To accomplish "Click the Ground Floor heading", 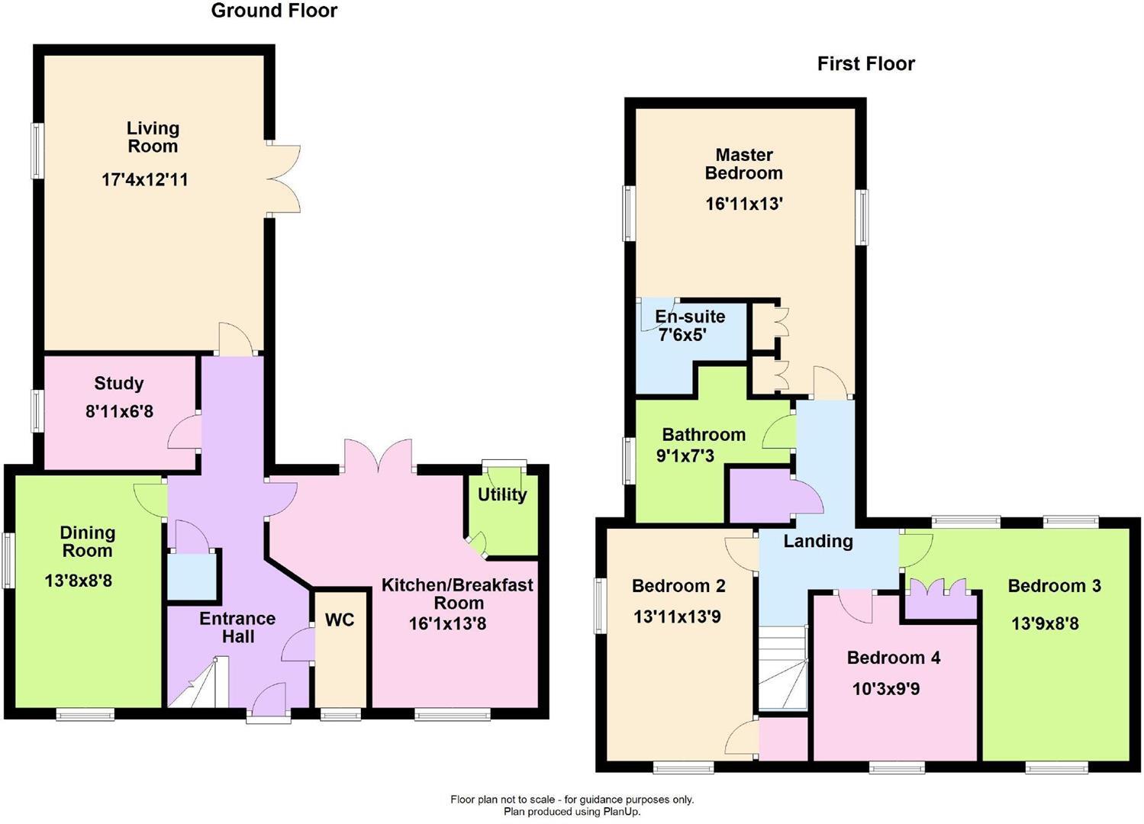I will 274,11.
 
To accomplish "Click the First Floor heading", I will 865,64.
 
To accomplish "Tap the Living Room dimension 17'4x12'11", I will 144,180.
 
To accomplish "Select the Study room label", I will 119,384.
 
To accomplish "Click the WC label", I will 340,620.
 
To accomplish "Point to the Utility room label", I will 501,495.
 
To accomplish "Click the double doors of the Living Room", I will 282,178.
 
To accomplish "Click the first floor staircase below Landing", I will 782,669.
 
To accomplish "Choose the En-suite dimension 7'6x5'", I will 682,335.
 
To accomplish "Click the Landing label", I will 818,542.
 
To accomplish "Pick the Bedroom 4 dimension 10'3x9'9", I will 885,690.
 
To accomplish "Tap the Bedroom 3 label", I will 1054,586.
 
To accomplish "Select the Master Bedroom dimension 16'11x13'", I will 744,204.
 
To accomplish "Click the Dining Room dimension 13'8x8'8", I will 79,581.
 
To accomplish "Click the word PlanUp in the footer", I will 621,812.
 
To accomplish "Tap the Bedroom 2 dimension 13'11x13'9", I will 677,616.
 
